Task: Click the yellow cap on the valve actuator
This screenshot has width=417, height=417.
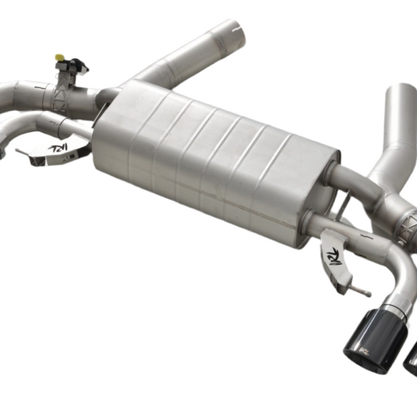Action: pyautogui.click(x=59, y=58)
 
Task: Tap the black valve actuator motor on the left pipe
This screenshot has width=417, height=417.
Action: pyautogui.click(x=75, y=66)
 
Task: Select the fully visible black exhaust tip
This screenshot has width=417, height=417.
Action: pyautogui.click(x=374, y=340)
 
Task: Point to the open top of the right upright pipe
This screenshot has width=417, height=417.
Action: pyautogui.click(x=402, y=90)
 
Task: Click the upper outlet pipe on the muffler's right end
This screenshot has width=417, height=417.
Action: pyautogui.click(x=353, y=180)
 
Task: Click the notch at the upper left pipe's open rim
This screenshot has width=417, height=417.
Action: pyautogui.click(x=235, y=28)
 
